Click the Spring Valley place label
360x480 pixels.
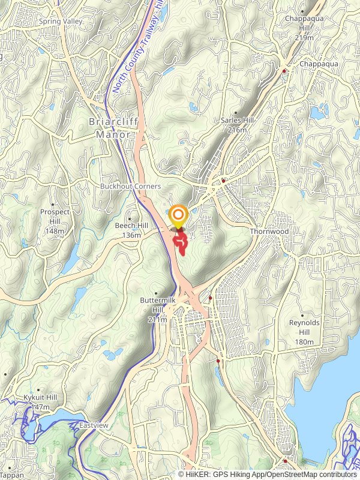pyautogui.click(x=60, y=22)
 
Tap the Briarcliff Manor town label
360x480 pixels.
pyautogui.click(x=109, y=127)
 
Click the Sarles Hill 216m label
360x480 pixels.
pyautogui.click(x=238, y=125)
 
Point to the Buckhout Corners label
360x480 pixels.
pyautogui.click(x=130, y=187)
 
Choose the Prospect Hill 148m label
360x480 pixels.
pyautogui.click(x=55, y=221)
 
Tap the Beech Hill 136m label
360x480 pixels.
pyautogui.click(x=131, y=229)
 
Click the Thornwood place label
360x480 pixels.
pyautogui.click(x=269, y=232)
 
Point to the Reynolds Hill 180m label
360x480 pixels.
pyautogui.click(x=304, y=332)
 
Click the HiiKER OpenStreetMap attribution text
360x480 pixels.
pyautogui.click(x=268, y=474)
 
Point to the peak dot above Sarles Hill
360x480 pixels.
pyautogui.click(x=236, y=112)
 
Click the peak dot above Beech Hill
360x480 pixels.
pyautogui.click(x=130, y=217)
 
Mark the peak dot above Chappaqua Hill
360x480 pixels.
pyautogui.click(x=302, y=11)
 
